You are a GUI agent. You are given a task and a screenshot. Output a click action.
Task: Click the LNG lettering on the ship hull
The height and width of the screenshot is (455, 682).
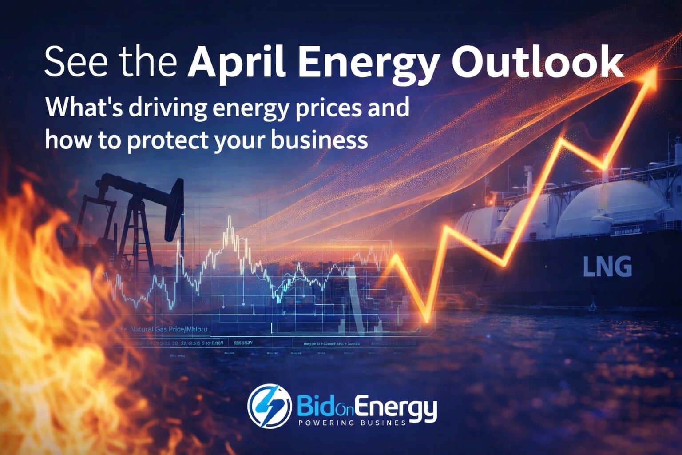point(607,267)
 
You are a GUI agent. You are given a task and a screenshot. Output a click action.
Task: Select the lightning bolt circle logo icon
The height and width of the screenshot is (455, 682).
point(269,406)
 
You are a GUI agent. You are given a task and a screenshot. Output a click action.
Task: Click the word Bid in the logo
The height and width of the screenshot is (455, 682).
point(313,405)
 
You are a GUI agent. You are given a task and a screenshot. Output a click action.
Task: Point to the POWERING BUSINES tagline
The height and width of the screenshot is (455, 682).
point(352,423)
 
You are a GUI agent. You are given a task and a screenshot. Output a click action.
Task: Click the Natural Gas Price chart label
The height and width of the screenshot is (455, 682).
point(169,330)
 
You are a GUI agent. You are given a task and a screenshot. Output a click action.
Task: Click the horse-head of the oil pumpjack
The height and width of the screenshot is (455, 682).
point(174,209)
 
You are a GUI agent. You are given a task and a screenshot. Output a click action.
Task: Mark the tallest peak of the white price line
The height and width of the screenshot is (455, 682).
point(230,218)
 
